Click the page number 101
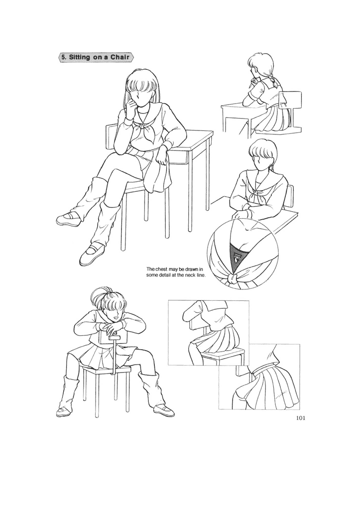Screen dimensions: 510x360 300,418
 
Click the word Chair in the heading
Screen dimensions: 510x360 117,58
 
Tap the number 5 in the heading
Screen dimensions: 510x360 63,58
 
